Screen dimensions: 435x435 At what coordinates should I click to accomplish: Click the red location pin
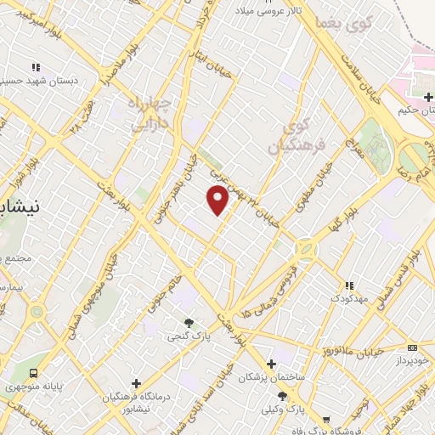pos(218,200)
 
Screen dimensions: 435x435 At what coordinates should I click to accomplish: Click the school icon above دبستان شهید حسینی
pos(35,67)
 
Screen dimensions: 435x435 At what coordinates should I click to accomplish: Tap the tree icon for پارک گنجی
pos(189,323)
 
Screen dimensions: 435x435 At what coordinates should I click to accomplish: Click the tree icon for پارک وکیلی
pos(291,396)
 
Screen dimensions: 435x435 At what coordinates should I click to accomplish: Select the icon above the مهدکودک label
pos(348,285)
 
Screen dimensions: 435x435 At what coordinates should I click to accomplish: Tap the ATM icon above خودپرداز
pos(412,347)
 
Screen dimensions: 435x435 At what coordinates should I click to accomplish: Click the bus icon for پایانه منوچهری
pos(34,373)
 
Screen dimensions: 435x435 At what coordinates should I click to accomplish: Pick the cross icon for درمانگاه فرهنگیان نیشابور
pos(135,383)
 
